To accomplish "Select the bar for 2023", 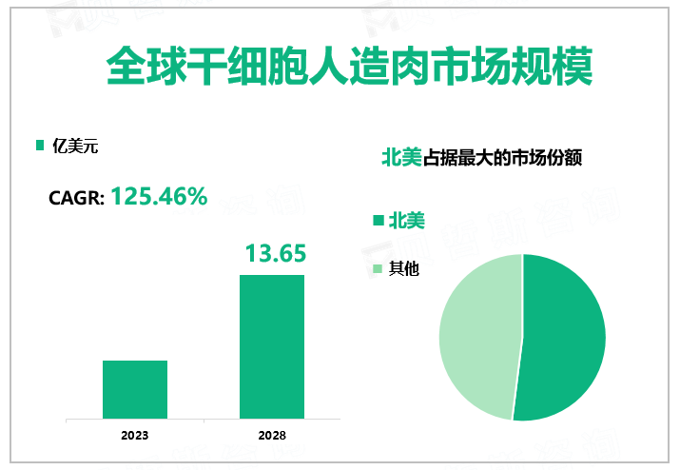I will (x=135, y=389).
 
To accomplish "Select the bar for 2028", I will (x=271, y=346).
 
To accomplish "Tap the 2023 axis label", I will (x=135, y=435).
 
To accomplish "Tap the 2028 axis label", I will (x=271, y=435).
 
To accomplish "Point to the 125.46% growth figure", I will (x=159, y=197).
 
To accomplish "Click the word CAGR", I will (x=74, y=199).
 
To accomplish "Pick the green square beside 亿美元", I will (x=40, y=146).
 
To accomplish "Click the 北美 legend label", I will (x=406, y=221).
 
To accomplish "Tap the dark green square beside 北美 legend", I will (x=378, y=221).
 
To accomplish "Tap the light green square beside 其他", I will (x=378, y=269).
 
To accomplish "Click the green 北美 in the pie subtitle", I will (x=400, y=158).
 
